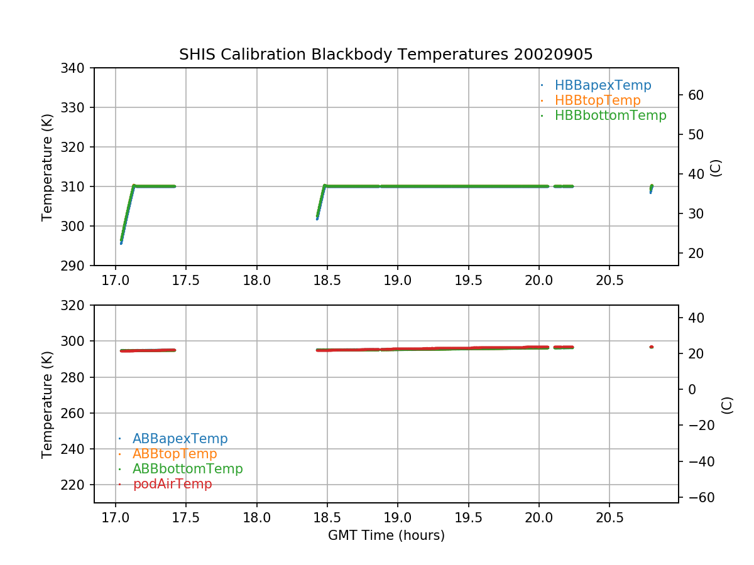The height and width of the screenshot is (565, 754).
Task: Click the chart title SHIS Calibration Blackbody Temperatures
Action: coord(386,55)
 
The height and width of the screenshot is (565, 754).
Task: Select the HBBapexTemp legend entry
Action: coord(603,85)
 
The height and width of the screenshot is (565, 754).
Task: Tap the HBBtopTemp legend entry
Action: coord(598,100)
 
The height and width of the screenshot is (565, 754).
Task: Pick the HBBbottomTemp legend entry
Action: coord(610,116)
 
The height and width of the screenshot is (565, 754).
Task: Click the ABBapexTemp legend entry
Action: coord(180,439)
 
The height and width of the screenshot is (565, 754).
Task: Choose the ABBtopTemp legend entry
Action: coord(175,454)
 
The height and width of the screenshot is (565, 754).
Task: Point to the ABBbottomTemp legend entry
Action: coord(187,469)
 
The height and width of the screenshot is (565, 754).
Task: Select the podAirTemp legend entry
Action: coord(172,484)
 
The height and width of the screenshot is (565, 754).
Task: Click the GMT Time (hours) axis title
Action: coord(386,535)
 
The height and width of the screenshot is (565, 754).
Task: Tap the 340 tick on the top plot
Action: coord(78,68)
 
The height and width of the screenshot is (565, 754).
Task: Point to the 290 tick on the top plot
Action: coord(78,266)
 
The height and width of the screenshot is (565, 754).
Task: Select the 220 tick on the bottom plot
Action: coord(78,485)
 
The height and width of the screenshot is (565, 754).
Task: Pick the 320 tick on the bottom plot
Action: coord(78,305)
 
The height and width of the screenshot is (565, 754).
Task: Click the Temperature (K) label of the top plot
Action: coord(48,166)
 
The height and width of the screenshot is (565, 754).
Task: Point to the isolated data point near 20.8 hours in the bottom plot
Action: coord(652,347)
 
